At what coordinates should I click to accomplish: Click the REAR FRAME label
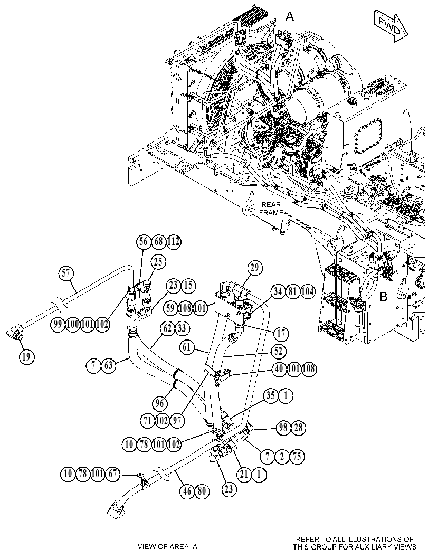point(271,209)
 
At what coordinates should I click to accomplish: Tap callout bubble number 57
point(66,274)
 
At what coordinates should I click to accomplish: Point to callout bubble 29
point(254,268)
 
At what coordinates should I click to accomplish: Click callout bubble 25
point(158,262)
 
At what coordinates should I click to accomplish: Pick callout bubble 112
point(173,242)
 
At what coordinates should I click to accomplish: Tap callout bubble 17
point(281,334)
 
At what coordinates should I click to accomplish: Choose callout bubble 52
point(278,352)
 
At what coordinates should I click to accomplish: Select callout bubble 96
point(160,403)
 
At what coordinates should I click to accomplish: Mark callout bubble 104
point(307,292)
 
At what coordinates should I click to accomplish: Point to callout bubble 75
point(298,456)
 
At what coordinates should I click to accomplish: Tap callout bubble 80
point(202,491)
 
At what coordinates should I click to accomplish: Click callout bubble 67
point(113,474)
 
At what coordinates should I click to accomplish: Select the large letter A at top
point(290,16)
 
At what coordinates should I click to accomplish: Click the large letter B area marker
point(383,297)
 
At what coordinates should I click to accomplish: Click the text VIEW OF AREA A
point(168,546)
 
